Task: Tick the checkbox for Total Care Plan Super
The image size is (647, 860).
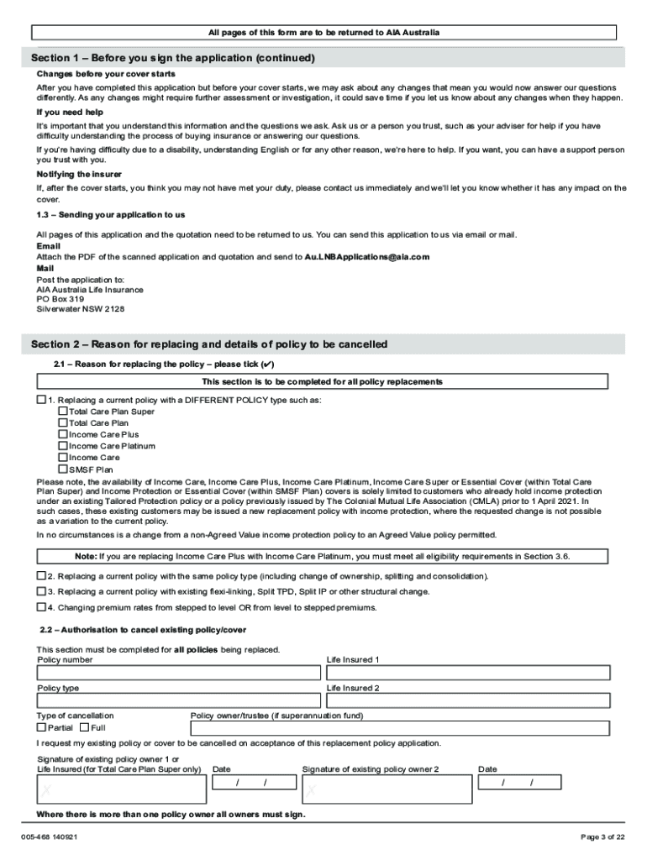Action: [x=62, y=412]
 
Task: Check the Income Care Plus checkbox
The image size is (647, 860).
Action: [x=62, y=434]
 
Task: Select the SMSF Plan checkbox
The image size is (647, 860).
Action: [x=62, y=469]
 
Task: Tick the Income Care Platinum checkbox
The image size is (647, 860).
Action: [x=62, y=446]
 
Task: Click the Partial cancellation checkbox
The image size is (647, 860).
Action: [x=41, y=727]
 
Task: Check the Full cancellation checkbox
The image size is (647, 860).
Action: [x=84, y=727]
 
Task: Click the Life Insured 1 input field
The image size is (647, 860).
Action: [x=468, y=673]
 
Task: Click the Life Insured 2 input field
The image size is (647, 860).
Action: [x=468, y=700]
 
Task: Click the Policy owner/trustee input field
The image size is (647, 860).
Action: [x=401, y=727]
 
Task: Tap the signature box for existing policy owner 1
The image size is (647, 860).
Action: [x=121, y=789]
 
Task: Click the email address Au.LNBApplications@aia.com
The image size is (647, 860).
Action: [x=367, y=256]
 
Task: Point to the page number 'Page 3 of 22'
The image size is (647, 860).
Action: [x=602, y=836]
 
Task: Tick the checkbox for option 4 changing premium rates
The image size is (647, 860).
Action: [x=41, y=606]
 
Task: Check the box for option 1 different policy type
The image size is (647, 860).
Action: [x=41, y=400]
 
